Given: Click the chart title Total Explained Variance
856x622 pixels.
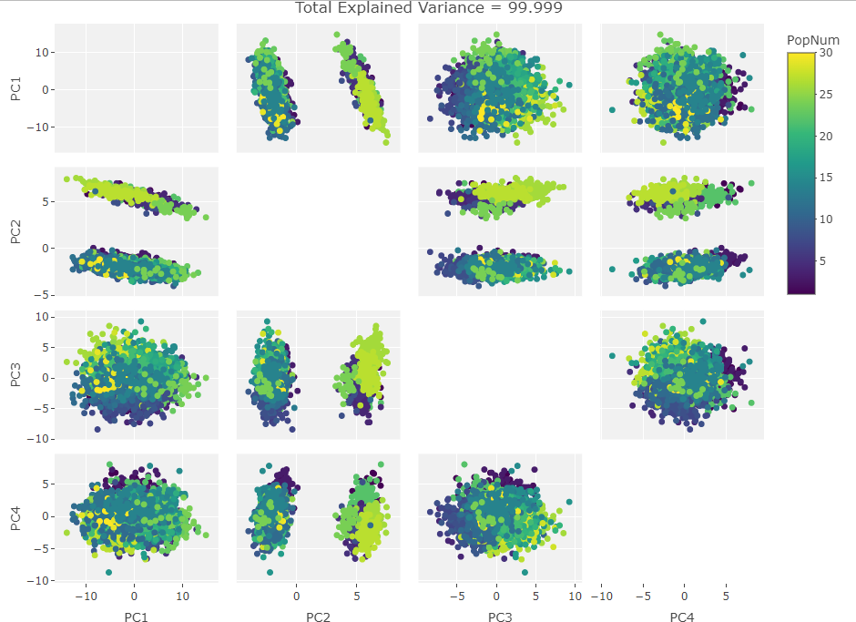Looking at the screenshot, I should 428,8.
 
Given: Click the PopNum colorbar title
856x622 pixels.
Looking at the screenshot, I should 813,39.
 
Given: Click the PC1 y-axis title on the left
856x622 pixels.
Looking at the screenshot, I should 15,89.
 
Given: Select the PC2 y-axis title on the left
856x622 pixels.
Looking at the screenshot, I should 15,232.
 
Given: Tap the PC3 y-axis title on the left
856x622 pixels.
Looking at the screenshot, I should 15,376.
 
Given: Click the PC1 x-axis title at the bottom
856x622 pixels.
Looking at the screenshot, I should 136,617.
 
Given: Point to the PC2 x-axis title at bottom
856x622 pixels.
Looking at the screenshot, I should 318,617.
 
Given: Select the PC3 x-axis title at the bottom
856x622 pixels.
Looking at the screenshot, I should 500,617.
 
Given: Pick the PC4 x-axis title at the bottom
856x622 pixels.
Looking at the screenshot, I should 682,617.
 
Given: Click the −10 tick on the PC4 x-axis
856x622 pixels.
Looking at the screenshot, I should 600,597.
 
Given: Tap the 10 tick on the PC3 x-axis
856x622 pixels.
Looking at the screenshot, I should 576,597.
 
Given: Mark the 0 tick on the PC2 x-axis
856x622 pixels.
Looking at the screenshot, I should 296,597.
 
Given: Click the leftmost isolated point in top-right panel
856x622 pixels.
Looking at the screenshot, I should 612,110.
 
